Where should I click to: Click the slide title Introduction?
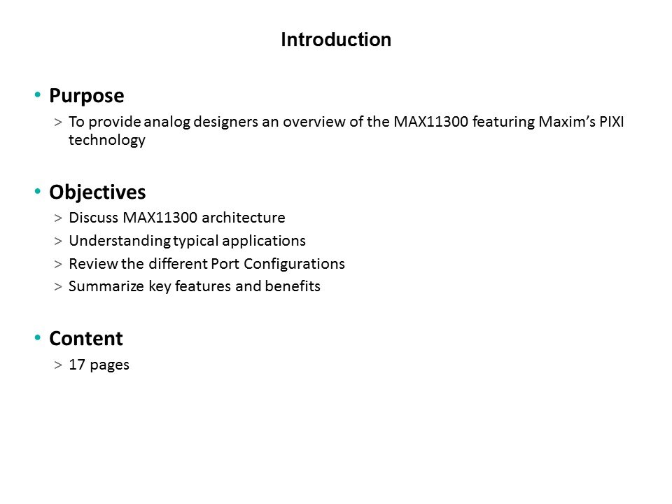[x=336, y=39]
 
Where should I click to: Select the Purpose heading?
[x=87, y=96]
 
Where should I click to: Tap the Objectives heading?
[x=97, y=192]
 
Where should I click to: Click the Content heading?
[x=85, y=339]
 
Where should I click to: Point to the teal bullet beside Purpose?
[x=38, y=94]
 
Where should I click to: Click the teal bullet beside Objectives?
[x=38, y=190]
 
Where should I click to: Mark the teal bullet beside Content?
[x=38, y=337]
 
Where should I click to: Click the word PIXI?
[x=612, y=122]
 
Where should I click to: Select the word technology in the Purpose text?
[x=106, y=140]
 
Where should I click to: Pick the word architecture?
[x=243, y=218]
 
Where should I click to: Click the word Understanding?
[x=120, y=241]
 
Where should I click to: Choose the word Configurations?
[x=294, y=264]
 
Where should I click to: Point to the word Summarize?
[x=106, y=286]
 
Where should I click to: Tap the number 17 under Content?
[x=77, y=365]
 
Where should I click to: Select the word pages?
[x=109, y=365]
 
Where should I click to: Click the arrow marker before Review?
[x=58, y=264]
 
